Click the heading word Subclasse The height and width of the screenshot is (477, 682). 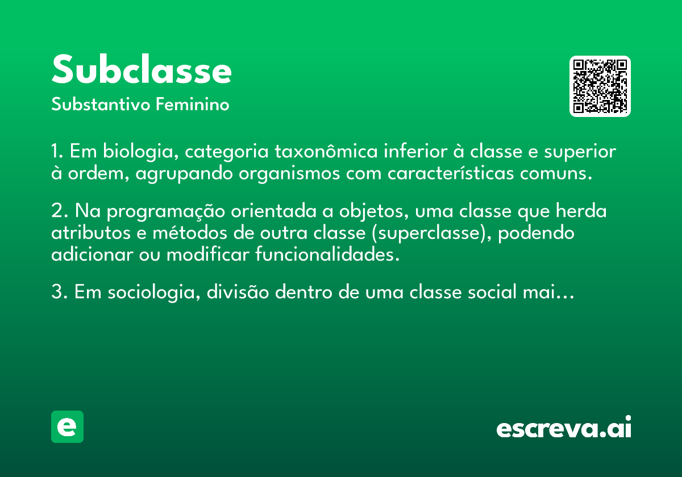pyautogui.click(x=142, y=69)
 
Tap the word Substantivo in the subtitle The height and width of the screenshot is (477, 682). pyautogui.click(x=101, y=104)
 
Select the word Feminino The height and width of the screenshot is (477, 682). pyautogui.click(x=193, y=104)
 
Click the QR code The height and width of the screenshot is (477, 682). pyautogui.click(x=600, y=86)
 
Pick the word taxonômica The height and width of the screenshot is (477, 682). pyautogui.click(x=326, y=151)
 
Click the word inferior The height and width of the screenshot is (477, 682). pyautogui.click(x=415, y=151)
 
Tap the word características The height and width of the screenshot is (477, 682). pyautogui.click(x=451, y=173)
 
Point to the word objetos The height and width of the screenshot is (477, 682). pyautogui.click(x=374, y=211)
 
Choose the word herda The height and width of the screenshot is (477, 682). pyautogui.click(x=581, y=211)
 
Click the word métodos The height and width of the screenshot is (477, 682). pyautogui.click(x=190, y=233)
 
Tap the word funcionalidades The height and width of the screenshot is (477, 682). pyautogui.click(x=327, y=254)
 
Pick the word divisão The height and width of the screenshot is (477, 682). pyautogui.click(x=238, y=291)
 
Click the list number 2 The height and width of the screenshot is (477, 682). pyautogui.click(x=58, y=210)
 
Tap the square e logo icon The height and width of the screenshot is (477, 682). pyautogui.click(x=67, y=426)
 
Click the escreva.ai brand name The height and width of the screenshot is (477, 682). pyautogui.click(x=564, y=427)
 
